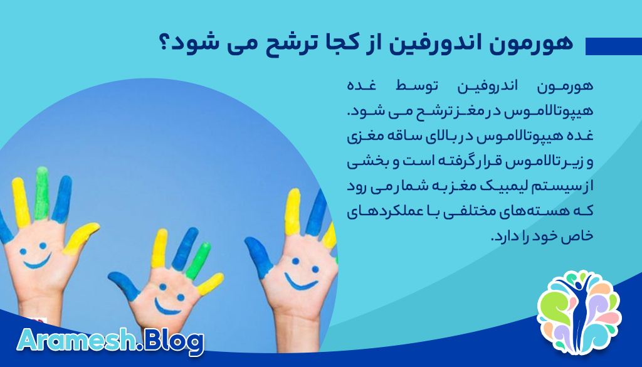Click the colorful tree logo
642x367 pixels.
point(579,311)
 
